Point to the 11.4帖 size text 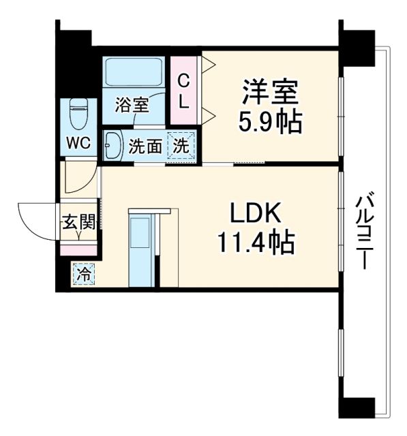click(255, 242)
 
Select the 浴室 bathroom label click(131, 105)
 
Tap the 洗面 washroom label click(145, 146)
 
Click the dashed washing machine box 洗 click(181, 145)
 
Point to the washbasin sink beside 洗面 click(112, 145)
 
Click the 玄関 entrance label click(76, 222)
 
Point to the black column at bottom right click(357, 409)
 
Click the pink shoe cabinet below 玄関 click(79, 249)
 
